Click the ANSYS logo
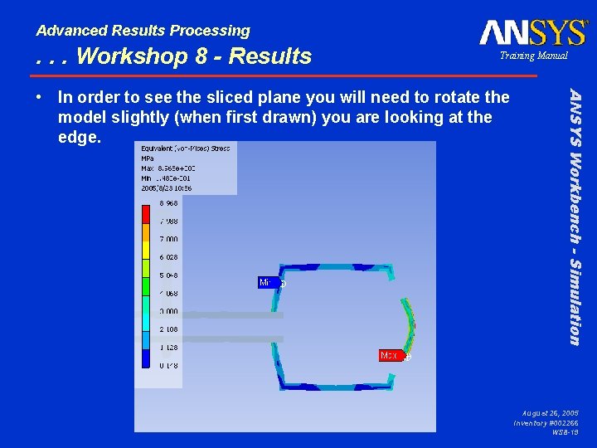tap(533, 32)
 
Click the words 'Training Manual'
tap(533, 56)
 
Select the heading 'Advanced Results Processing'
tap(143, 31)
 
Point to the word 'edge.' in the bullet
tap(80, 137)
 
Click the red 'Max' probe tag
tap(389, 355)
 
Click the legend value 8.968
tap(169, 203)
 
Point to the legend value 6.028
tap(169, 257)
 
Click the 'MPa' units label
tap(148, 158)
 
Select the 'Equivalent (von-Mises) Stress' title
tap(186, 148)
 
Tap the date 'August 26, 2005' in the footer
tap(551, 412)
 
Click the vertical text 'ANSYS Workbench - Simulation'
tap(573, 216)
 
